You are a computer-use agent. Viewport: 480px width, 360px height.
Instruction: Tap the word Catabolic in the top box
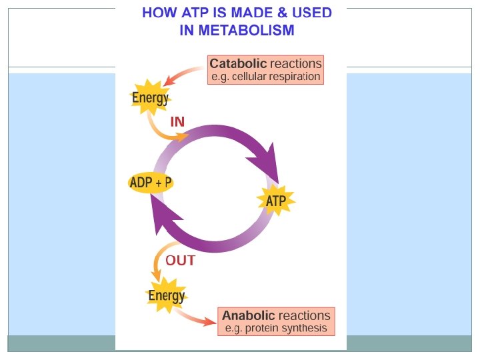[x=238, y=64]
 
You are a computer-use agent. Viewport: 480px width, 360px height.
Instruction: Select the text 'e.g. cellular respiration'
[x=265, y=77]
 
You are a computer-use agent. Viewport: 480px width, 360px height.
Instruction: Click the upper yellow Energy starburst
[x=150, y=99]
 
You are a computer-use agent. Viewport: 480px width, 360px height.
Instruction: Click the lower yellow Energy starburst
[x=166, y=295]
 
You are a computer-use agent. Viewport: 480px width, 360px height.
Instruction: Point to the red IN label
[x=177, y=122]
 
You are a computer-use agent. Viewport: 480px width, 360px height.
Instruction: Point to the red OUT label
[x=180, y=261]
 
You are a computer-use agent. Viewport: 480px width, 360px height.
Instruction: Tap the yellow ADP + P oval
[x=151, y=183]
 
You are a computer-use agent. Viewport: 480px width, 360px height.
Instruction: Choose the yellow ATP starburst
[x=276, y=200]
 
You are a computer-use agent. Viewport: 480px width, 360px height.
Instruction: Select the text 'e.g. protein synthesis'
[x=275, y=328]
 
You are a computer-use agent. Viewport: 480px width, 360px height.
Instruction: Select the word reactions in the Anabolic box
[x=304, y=315]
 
